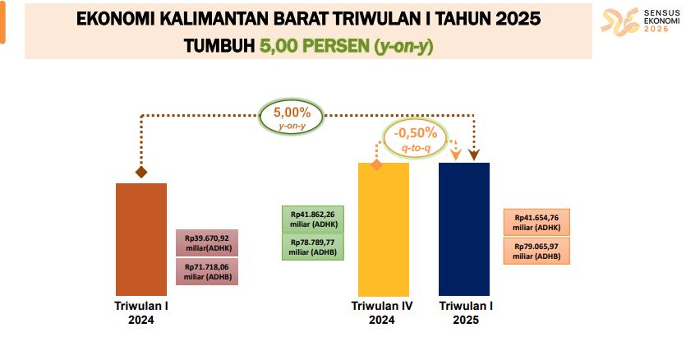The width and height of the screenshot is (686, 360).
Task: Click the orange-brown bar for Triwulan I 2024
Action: (x=140, y=239)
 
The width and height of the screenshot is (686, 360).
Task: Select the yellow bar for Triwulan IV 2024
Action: (x=384, y=229)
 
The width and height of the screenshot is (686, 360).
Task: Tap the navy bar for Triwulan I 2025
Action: (x=464, y=229)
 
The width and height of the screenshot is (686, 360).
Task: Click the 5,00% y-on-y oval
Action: (x=292, y=117)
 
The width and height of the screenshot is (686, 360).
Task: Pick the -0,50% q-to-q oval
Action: (x=416, y=138)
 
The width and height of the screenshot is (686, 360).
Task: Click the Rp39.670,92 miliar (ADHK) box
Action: (x=207, y=242)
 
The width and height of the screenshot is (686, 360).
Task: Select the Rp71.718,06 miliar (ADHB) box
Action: (x=207, y=271)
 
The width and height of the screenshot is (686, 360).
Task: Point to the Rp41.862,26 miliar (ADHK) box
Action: (x=313, y=219)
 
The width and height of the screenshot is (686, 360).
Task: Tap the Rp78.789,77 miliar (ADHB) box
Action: (x=313, y=247)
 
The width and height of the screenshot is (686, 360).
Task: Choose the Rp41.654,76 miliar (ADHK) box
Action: (x=536, y=223)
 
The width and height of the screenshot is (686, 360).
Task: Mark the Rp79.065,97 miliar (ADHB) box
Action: (x=536, y=251)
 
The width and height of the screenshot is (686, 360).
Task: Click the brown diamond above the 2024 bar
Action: (x=140, y=172)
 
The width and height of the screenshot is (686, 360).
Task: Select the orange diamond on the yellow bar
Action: (x=376, y=164)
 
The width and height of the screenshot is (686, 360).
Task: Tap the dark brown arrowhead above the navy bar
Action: (x=474, y=155)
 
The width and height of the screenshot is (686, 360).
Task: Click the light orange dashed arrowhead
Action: (x=456, y=155)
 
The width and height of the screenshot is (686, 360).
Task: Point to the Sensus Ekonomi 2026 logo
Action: (x=640, y=21)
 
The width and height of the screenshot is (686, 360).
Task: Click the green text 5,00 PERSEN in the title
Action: (x=315, y=46)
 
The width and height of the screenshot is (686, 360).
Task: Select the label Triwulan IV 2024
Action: (x=381, y=312)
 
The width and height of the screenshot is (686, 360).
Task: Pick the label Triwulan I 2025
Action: (x=466, y=312)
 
